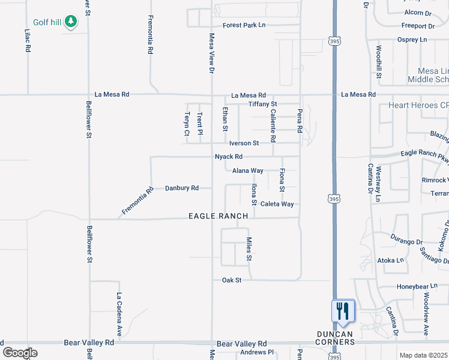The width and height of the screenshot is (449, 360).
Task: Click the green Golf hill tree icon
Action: [x=71, y=22]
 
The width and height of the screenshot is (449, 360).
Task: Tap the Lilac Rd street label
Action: [x=28, y=40]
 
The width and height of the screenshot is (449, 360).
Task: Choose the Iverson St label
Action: [x=244, y=143]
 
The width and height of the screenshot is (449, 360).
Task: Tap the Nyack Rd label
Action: [x=229, y=157]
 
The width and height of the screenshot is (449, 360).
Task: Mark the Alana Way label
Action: [x=248, y=171]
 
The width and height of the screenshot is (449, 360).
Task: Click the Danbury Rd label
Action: [x=182, y=188]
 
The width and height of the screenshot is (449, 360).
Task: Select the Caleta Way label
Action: [x=277, y=204]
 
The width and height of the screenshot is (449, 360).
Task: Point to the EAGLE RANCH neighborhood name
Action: [x=218, y=216]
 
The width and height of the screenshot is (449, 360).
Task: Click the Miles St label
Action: [x=249, y=249]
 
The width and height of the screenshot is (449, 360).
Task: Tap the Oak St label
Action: [x=232, y=280]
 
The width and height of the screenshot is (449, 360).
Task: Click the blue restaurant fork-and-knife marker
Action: [x=343, y=311]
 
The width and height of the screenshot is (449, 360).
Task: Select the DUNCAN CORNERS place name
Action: [x=335, y=337]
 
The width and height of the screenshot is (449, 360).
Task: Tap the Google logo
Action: [x=20, y=353]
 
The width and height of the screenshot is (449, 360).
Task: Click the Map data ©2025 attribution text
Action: [x=423, y=355]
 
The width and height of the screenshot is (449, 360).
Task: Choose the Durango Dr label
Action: [x=406, y=242]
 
